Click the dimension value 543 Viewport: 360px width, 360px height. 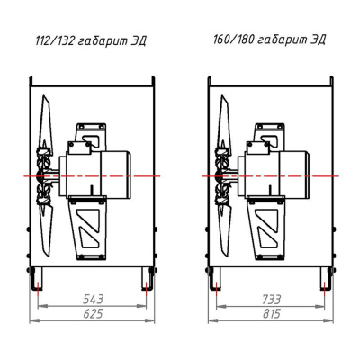(93, 299)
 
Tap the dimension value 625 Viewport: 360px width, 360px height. (93, 313)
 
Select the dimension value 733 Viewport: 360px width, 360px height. (271, 299)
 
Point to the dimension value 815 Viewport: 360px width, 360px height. (271, 313)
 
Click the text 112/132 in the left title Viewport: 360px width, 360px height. (54, 40)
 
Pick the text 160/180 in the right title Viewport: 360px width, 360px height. (232, 40)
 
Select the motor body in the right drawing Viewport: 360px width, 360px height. (274, 174)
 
